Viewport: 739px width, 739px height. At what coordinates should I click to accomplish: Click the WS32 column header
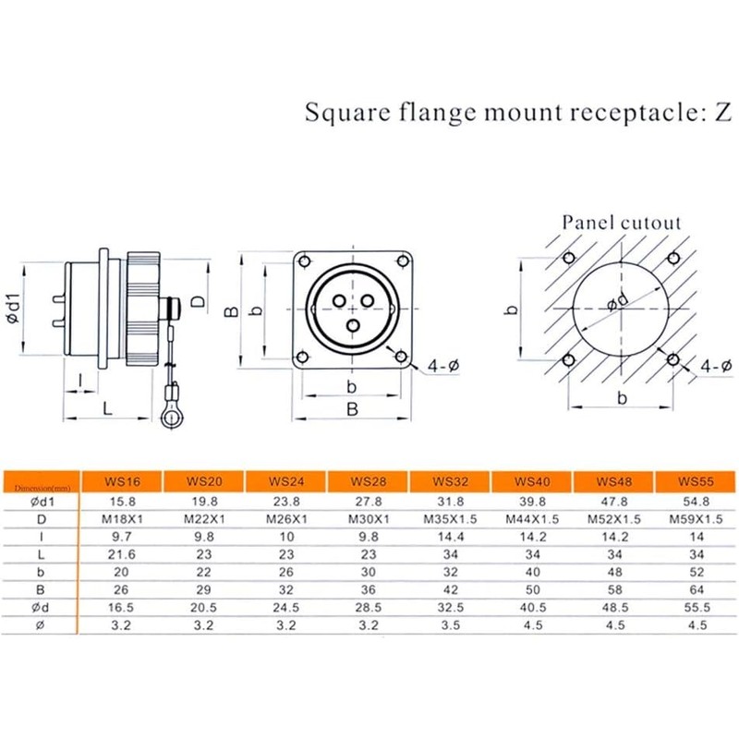tap(450, 481)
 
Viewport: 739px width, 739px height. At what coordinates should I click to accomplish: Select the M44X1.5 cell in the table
tap(532, 519)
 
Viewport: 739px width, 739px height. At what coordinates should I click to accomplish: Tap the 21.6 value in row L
tap(122, 554)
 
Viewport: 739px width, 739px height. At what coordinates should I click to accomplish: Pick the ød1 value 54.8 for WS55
tap(697, 502)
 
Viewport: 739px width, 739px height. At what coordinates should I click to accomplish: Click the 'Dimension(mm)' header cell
tap(42, 488)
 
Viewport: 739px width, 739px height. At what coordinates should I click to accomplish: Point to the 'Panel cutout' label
tap(622, 223)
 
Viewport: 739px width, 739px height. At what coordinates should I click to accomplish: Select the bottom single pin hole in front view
tap(353, 325)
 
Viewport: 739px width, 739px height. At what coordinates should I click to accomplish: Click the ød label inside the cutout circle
tap(617, 302)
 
